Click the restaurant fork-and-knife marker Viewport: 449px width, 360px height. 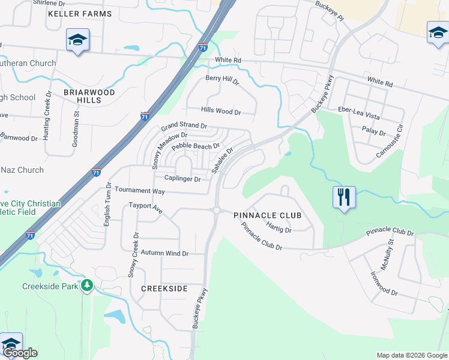[344, 197]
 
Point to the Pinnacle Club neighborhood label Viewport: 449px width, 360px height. [267, 215]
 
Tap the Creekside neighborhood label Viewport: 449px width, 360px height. [164, 289]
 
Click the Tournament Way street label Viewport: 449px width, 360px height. [140, 190]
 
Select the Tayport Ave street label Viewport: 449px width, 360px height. [146, 208]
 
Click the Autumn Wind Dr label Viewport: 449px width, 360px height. [164, 254]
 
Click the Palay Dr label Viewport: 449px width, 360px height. [373, 129]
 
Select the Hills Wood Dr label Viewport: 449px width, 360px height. [221, 112]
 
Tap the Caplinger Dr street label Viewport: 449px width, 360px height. [182, 179]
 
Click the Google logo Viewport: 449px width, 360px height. [20, 353]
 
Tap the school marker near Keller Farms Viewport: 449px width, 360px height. [77, 40]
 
